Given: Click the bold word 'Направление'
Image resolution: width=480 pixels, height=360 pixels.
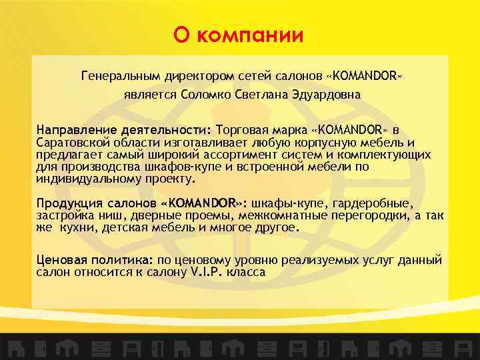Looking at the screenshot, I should [x=73, y=129].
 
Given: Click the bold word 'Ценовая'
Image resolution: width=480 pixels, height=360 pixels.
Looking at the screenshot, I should [x=61, y=260].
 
